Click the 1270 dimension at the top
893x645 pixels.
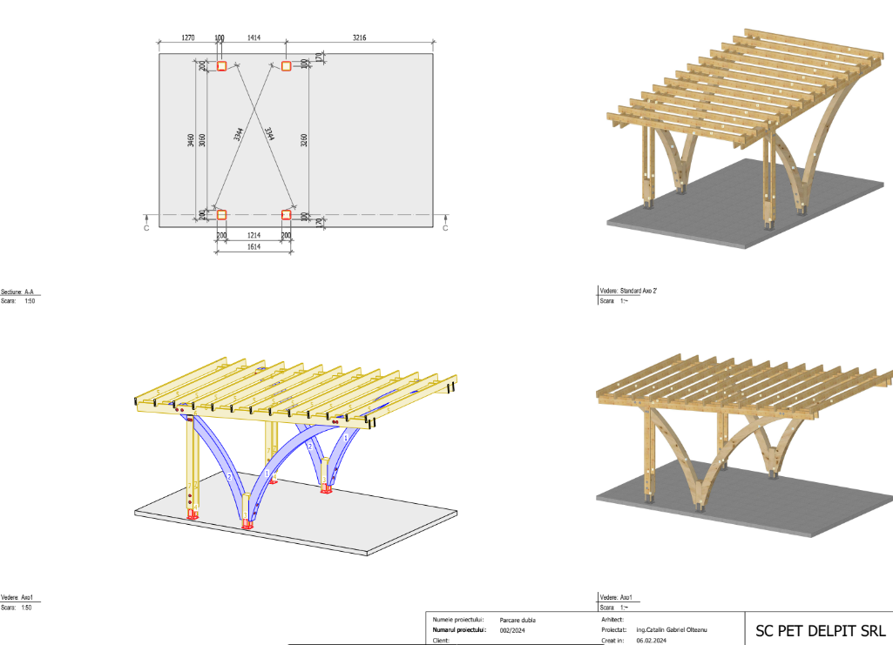187,37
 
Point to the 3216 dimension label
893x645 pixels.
360,37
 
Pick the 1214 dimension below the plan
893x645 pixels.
254,235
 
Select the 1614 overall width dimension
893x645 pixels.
254,247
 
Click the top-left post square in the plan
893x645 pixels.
221,66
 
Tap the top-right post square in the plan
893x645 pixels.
286,66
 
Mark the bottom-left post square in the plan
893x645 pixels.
221,215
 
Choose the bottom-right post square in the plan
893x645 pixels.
286,215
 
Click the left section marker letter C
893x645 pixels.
146,228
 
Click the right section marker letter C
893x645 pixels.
445,228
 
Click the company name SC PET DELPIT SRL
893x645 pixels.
818,629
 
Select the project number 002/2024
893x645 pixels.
511,629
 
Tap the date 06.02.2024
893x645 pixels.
651,640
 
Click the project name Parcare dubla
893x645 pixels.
518,619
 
